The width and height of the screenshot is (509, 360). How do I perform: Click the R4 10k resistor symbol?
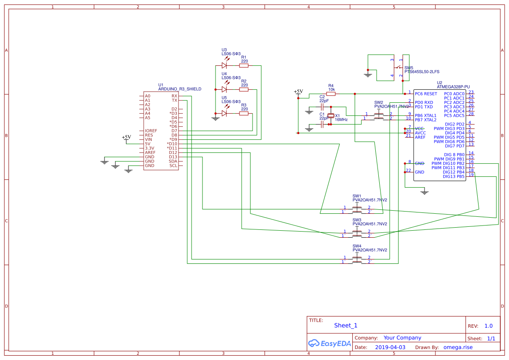click(331, 94)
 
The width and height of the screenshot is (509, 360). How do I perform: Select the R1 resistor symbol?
click(244, 66)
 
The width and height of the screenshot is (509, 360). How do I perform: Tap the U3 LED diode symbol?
click(224, 65)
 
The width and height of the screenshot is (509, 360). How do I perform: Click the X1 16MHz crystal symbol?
click(331, 116)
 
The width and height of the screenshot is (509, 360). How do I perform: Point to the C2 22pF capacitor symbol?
click(322, 107)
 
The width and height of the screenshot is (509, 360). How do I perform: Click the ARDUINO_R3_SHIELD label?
click(179, 89)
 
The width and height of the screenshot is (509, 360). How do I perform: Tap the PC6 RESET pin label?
click(425, 94)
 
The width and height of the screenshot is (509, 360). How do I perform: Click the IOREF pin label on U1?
click(151, 131)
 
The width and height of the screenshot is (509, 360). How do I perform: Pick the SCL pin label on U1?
click(173, 165)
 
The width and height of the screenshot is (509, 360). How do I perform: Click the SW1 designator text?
click(357, 196)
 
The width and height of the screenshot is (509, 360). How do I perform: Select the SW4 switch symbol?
click(357, 259)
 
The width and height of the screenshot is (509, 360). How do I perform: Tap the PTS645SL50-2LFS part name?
click(421, 71)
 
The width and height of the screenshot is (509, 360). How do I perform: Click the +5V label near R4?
click(298, 91)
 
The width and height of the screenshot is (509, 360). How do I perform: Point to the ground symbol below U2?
click(425, 192)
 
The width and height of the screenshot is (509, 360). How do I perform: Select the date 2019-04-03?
click(390, 347)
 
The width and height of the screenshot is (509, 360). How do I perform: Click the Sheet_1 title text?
click(345, 325)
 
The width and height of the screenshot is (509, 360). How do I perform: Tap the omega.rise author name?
click(458, 347)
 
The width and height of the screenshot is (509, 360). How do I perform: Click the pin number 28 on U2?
click(471, 114)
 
